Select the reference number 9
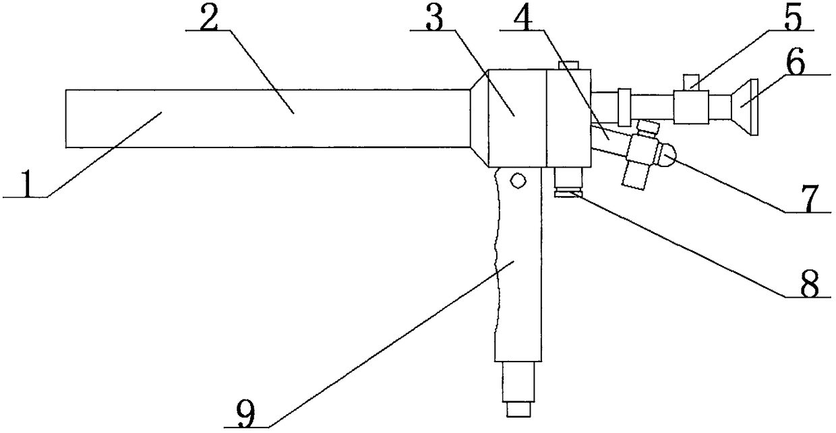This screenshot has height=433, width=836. (246, 412)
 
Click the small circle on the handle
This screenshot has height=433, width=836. (518, 180)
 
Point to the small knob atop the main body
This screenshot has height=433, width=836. (568, 65)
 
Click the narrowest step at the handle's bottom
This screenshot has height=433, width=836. (519, 409)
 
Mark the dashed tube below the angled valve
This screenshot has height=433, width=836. (635, 175)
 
